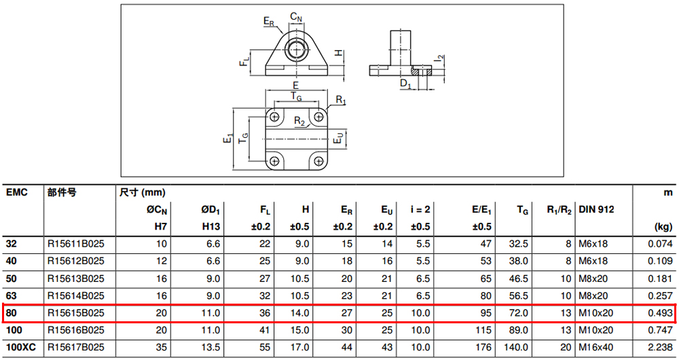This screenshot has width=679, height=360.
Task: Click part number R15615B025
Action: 76,312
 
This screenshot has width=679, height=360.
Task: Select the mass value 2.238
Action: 661,348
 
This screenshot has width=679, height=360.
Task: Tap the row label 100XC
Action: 21,348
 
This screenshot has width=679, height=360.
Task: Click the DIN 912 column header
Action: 596,210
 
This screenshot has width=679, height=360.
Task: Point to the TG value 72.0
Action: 518,312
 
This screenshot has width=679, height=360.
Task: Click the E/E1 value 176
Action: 483,348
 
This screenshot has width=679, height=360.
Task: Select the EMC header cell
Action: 17,192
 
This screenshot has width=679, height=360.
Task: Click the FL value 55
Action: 265,348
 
